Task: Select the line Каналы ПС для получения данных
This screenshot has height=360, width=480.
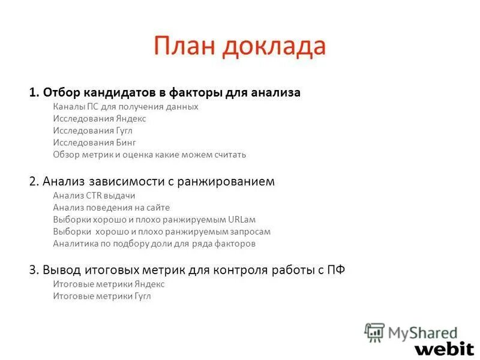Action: pyautogui.click(x=125, y=106)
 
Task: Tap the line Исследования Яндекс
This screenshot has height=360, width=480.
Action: pyautogui.click(x=99, y=118)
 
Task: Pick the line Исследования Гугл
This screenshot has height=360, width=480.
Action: pyautogui.click(x=92, y=130)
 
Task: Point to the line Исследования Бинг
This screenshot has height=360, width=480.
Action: pyautogui.click(x=94, y=142)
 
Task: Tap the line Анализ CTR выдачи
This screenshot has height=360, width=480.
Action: pyautogui.click(x=94, y=195)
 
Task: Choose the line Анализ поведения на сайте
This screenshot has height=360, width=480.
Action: pyautogui.click(x=111, y=207)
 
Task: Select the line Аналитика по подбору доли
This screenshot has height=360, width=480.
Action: pyautogui.click(x=154, y=244)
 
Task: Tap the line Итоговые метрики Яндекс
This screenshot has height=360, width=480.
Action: pyautogui.click(x=108, y=284)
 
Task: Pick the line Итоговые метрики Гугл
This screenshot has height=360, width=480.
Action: pyautogui.click(x=101, y=296)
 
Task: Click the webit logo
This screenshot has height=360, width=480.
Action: pyautogui.click(x=444, y=348)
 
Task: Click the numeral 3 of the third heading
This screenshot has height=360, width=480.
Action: pyautogui.click(x=32, y=270)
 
